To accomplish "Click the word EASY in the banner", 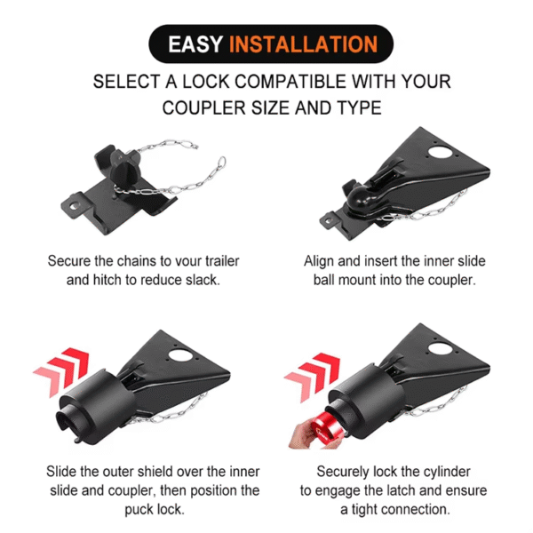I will (x=197, y=44).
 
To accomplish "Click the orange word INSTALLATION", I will (x=306, y=44).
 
